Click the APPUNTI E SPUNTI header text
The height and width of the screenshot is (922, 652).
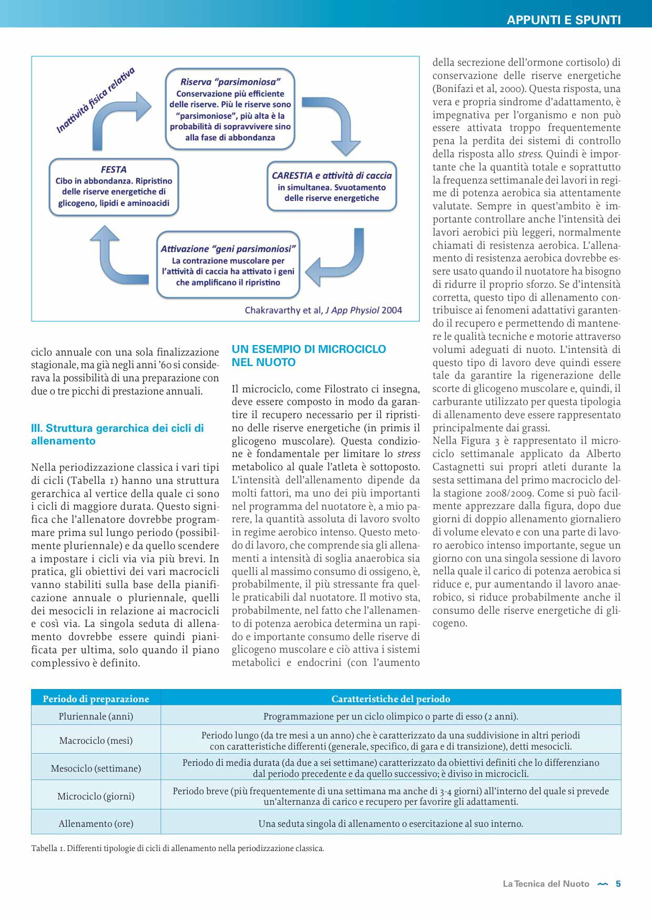(x=563, y=20)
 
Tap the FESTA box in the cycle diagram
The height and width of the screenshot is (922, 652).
(x=114, y=186)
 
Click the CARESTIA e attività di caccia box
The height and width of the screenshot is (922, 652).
(x=332, y=186)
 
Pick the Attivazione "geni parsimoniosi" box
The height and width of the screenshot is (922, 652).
(x=228, y=265)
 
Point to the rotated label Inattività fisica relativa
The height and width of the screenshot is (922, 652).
(x=95, y=100)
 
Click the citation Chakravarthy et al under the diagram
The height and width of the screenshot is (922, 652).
(x=323, y=310)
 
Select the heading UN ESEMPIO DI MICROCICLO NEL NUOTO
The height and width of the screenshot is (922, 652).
(x=309, y=356)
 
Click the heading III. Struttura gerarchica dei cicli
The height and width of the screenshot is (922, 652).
(x=117, y=434)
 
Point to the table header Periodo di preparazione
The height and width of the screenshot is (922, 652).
(x=96, y=698)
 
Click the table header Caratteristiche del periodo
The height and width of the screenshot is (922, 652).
(x=391, y=698)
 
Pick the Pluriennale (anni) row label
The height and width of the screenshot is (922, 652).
(x=96, y=716)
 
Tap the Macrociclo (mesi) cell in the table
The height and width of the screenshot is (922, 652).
(x=96, y=740)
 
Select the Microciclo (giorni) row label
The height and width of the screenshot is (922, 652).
(x=96, y=796)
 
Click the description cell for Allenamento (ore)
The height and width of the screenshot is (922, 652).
(x=391, y=823)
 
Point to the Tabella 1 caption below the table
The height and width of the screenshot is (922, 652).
(x=178, y=848)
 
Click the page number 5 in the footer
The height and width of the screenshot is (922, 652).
(x=618, y=884)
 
